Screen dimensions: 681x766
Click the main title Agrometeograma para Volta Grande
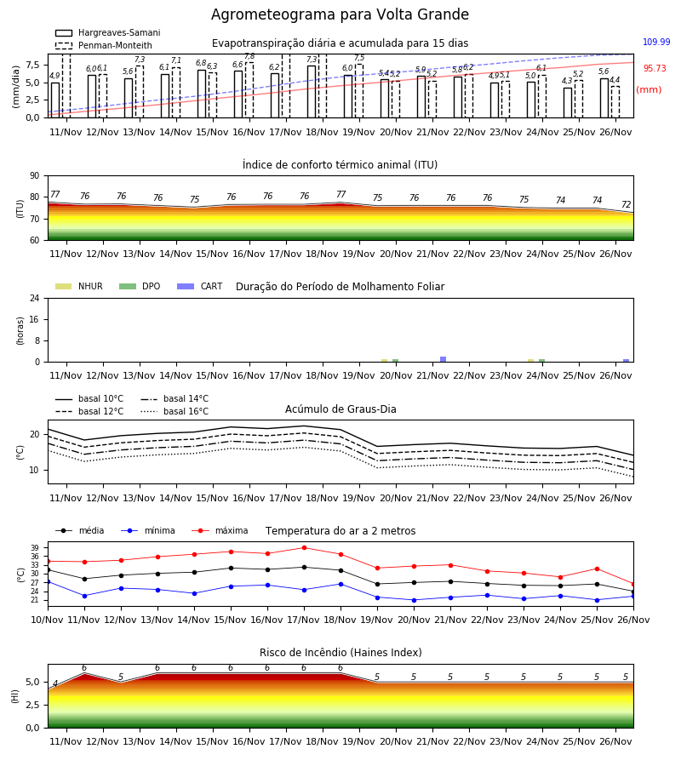(x=340, y=14)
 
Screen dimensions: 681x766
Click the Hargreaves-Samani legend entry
(x=108, y=32)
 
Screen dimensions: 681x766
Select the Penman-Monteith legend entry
(x=104, y=45)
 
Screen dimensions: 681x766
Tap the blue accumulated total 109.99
(x=656, y=42)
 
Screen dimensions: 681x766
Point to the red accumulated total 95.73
(x=655, y=68)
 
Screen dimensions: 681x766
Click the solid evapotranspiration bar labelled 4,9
(x=55, y=100)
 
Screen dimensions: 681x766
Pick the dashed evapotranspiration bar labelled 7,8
(x=249, y=90)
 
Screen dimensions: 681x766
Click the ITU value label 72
(x=626, y=204)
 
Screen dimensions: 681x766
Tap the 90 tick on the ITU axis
(x=35, y=176)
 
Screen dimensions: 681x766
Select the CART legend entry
(x=200, y=286)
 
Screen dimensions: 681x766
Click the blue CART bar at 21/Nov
(x=444, y=359)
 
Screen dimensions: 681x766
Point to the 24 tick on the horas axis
(x=35, y=298)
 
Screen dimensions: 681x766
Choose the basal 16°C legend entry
(x=175, y=411)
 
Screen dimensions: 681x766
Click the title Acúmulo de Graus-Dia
(x=340, y=409)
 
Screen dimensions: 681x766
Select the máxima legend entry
(x=220, y=530)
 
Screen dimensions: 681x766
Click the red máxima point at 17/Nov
(x=305, y=547)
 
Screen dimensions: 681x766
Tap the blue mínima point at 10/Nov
(x=48, y=582)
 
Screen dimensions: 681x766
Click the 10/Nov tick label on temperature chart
(x=47, y=620)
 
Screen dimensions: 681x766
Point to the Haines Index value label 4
(x=55, y=683)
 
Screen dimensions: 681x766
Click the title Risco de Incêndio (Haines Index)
(x=340, y=653)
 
